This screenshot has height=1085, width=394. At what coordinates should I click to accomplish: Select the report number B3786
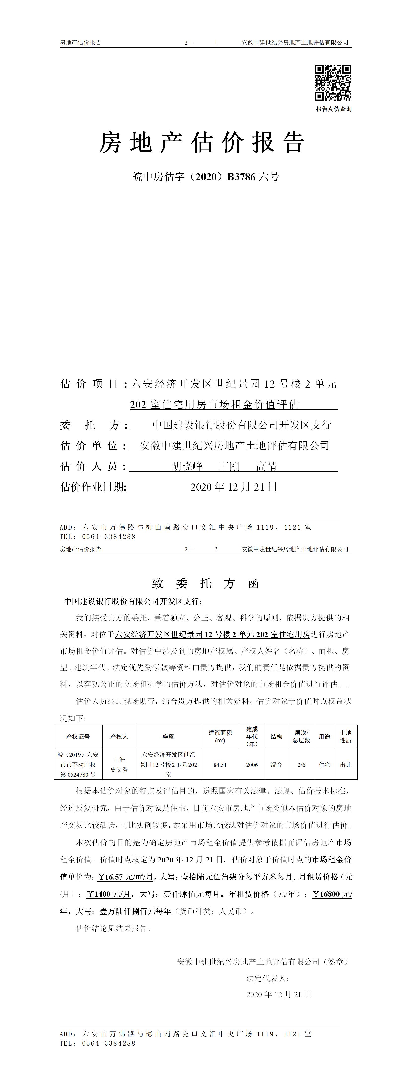(241, 177)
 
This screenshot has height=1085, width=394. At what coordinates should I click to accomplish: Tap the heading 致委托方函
(205, 583)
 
